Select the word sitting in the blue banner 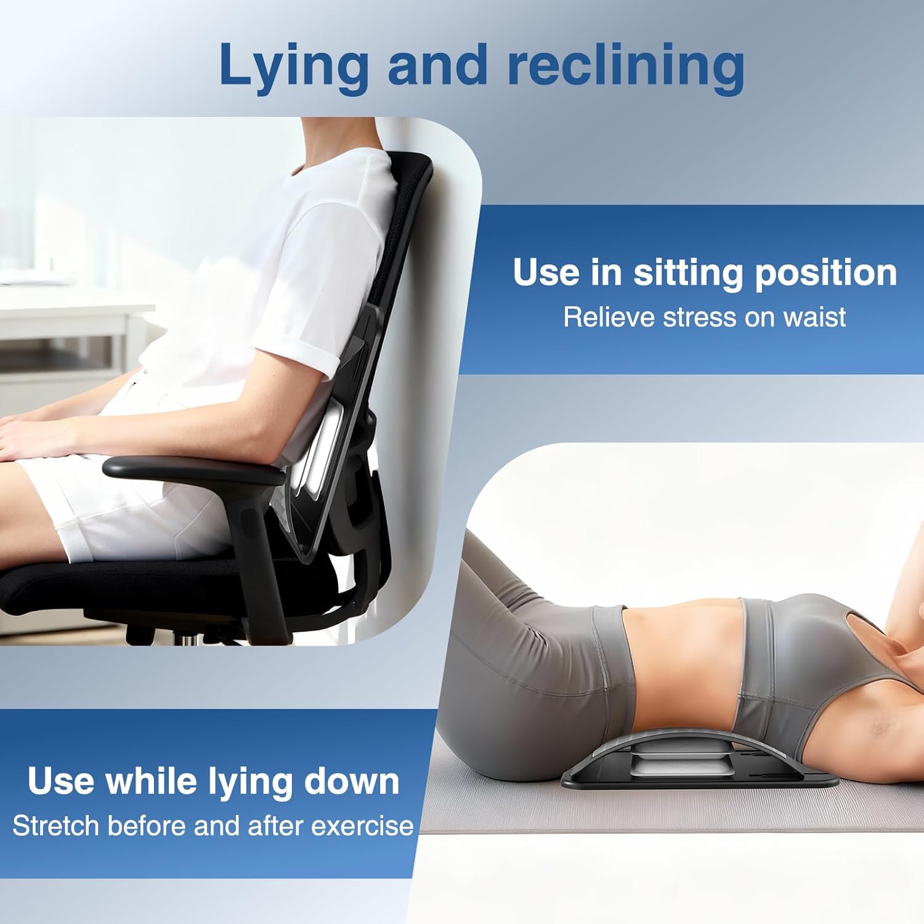point(687,273)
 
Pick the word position point(825,273)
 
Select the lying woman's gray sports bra point(801,665)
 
